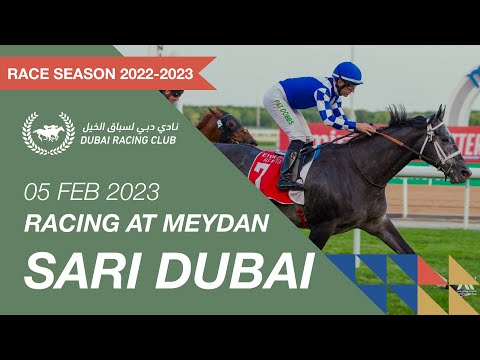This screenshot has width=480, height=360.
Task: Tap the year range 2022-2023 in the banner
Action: click(x=157, y=73)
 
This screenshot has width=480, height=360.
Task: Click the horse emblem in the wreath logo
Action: click(x=48, y=132)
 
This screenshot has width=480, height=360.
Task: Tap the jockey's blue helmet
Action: click(x=346, y=72)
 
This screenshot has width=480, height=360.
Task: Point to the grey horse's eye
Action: click(x=437, y=135)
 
